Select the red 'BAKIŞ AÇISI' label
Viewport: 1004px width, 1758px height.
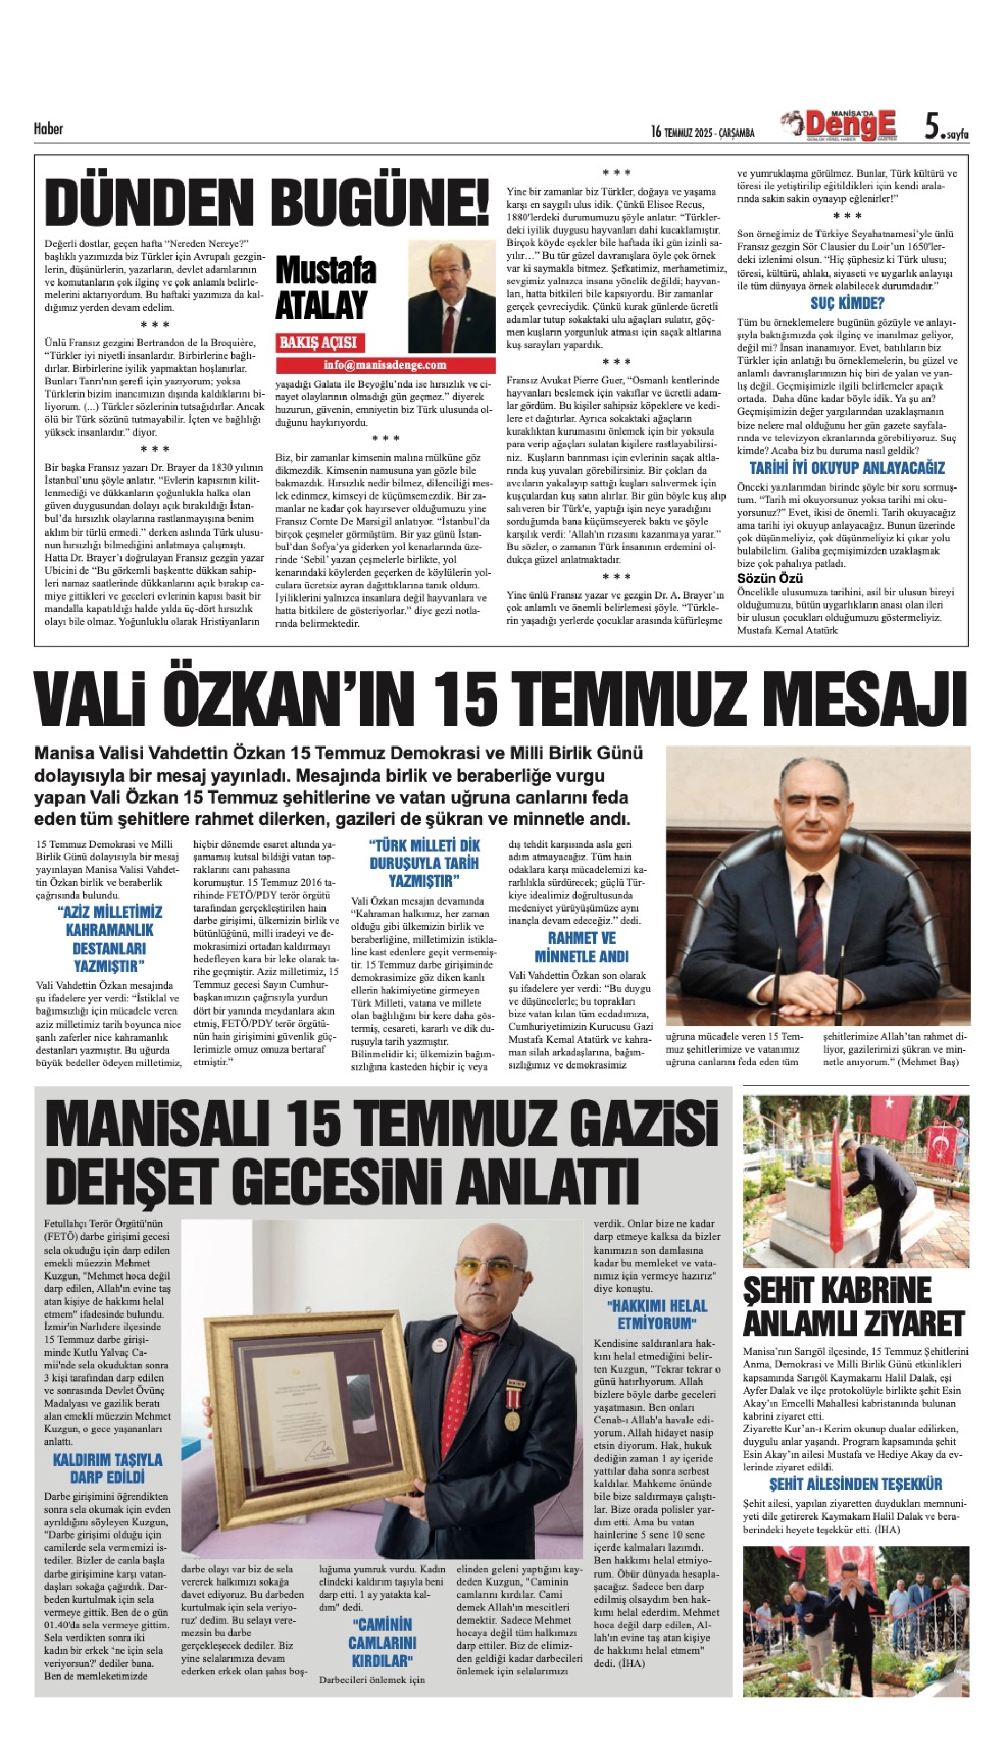coord(318,342)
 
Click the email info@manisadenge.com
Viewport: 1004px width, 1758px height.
coord(385,365)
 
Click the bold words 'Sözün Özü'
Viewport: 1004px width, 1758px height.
coord(765,578)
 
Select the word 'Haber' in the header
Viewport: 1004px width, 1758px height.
coord(48,128)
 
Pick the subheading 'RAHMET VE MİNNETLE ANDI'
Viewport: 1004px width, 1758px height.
coord(581,947)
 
